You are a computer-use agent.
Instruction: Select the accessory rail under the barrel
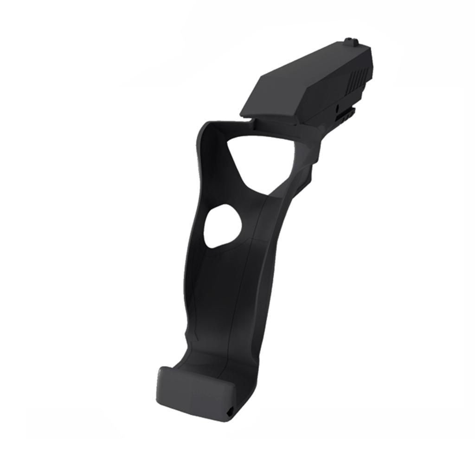346,113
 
